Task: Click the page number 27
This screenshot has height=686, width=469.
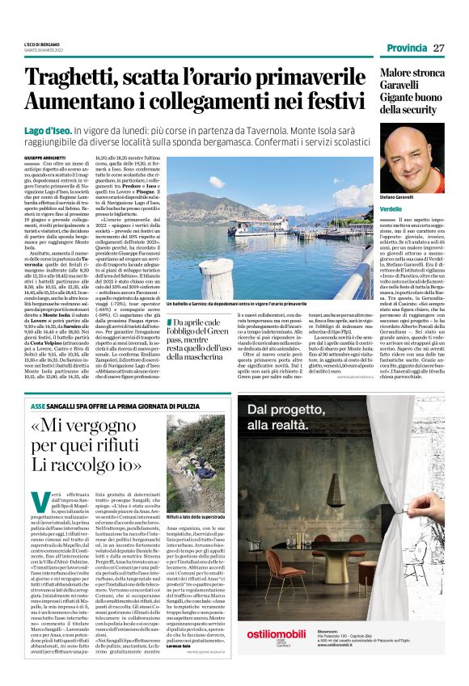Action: pyautogui.click(x=438, y=48)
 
